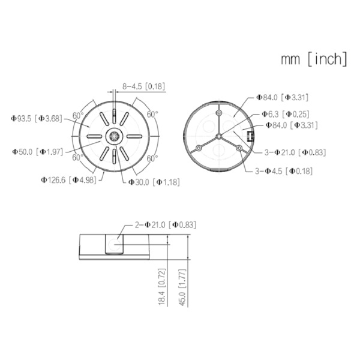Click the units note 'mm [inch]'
point(314,59)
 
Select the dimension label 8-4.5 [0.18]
point(143,86)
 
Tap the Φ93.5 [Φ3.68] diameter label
point(37,118)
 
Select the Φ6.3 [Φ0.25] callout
point(284,114)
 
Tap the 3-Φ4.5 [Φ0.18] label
point(284,172)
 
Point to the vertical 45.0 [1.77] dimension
point(182,287)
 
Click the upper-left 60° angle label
point(77,115)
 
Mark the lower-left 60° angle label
point(77,158)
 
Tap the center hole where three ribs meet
point(220,136)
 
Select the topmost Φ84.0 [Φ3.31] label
point(283,97)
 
